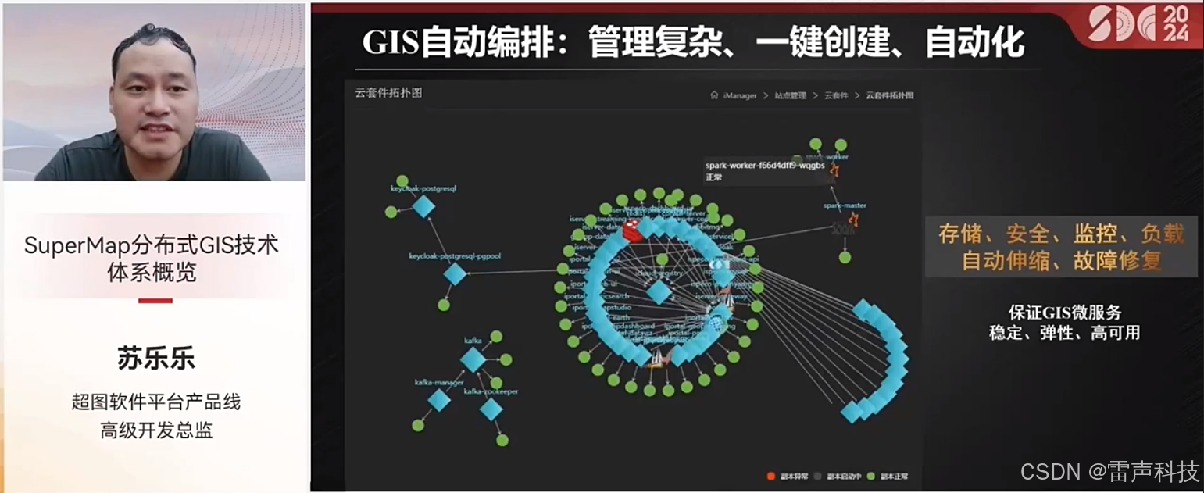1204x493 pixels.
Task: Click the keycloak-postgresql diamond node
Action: (423, 206)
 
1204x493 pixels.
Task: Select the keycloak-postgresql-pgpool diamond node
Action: (455, 274)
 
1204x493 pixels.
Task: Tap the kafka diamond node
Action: (473, 360)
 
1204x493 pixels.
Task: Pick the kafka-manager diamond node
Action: (439, 400)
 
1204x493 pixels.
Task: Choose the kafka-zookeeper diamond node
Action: (491, 409)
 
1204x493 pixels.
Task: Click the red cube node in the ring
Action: (631, 229)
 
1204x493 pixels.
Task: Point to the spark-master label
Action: (845, 206)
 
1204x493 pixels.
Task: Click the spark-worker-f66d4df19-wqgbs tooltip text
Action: (765, 166)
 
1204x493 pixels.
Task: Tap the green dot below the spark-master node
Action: (845, 257)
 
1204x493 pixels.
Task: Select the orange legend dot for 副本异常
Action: (770, 476)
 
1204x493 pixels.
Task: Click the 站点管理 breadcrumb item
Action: (790, 95)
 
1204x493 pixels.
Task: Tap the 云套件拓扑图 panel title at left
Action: (388, 93)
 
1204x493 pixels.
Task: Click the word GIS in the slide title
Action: (391, 42)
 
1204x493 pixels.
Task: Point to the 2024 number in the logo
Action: (1175, 24)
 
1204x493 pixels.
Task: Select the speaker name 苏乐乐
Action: (155, 359)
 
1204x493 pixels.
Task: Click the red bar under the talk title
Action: (155, 301)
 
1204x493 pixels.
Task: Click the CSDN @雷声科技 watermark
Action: (1109, 472)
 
